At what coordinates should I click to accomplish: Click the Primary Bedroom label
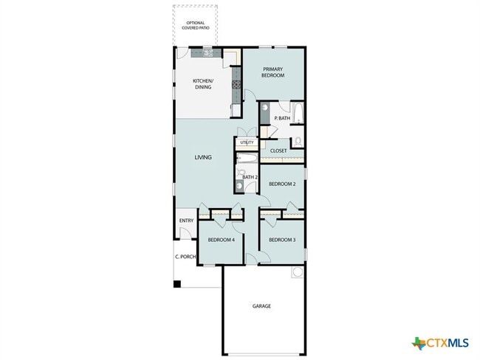click(x=273, y=72)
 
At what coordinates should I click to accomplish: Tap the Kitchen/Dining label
click(x=203, y=84)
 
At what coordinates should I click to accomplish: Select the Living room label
click(x=203, y=157)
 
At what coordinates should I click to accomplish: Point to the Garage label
click(x=261, y=305)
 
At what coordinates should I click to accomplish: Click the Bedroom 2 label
click(x=281, y=184)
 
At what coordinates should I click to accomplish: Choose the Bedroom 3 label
click(x=281, y=240)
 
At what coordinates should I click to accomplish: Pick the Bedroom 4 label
click(x=221, y=240)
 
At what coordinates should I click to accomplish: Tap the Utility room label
click(x=247, y=142)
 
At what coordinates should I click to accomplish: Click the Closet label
click(x=278, y=150)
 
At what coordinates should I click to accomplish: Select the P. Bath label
click(x=281, y=118)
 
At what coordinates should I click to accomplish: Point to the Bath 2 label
click(x=250, y=177)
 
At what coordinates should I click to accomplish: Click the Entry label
click(x=186, y=221)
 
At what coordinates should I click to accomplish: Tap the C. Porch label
click(x=185, y=257)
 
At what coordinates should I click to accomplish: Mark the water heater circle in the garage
click(x=298, y=273)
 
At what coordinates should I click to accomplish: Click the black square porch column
click(x=177, y=283)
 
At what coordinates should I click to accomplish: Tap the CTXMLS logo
click(x=441, y=342)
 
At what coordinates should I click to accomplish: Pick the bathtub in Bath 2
click(x=247, y=158)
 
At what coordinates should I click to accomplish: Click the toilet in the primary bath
click(x=297, y=140)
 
